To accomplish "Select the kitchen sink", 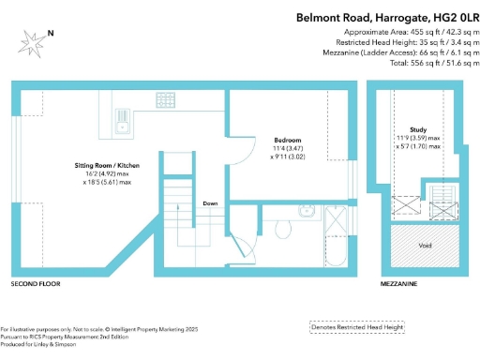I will tap(122, 119).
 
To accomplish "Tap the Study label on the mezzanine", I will tap(419, 130).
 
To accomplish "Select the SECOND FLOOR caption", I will tap(36, 282).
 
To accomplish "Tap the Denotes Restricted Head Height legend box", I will tap(357, 327).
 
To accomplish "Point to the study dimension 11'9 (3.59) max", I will tap(419, 140).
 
